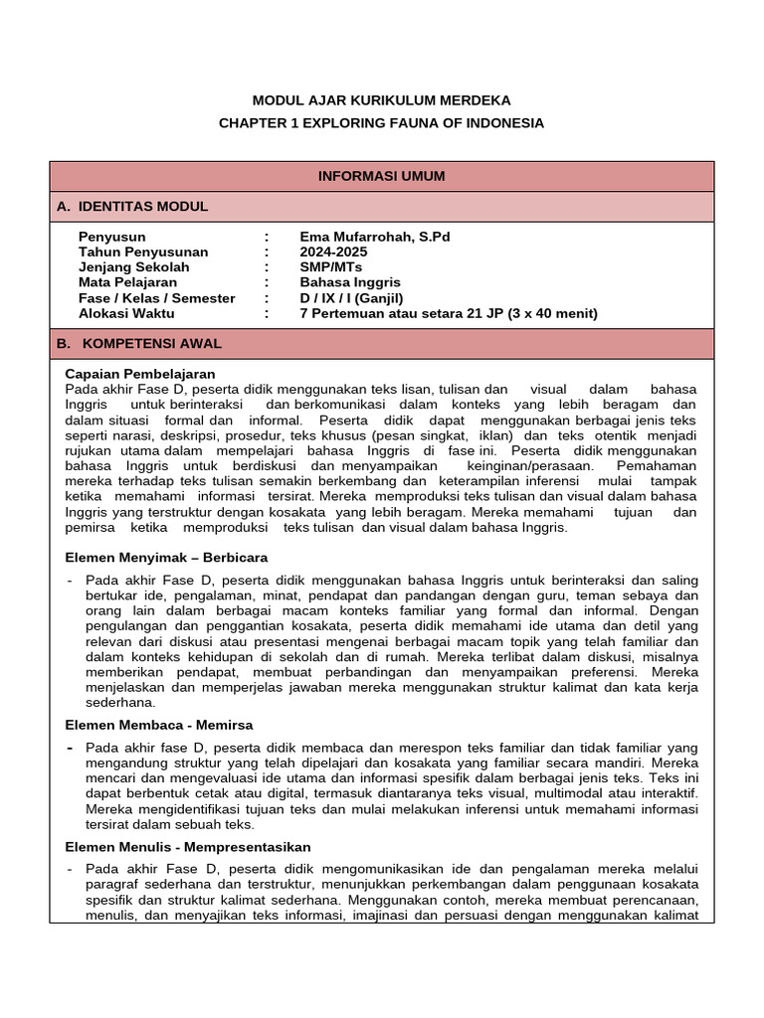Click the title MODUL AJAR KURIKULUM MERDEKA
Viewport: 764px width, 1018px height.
(381, 100)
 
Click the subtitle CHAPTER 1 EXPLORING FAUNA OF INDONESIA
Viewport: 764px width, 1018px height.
(381, 123)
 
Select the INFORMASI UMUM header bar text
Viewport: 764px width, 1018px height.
(381, 176)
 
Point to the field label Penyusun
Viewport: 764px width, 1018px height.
(111, 237)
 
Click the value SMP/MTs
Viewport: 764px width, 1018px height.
(331, 267)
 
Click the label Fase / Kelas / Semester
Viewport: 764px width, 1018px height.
(156, 298)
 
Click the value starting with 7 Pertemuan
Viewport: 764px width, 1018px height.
(448, 313)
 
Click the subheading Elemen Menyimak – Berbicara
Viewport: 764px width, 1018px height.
(166, 557)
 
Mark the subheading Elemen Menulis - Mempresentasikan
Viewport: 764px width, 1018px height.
(188, 847)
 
